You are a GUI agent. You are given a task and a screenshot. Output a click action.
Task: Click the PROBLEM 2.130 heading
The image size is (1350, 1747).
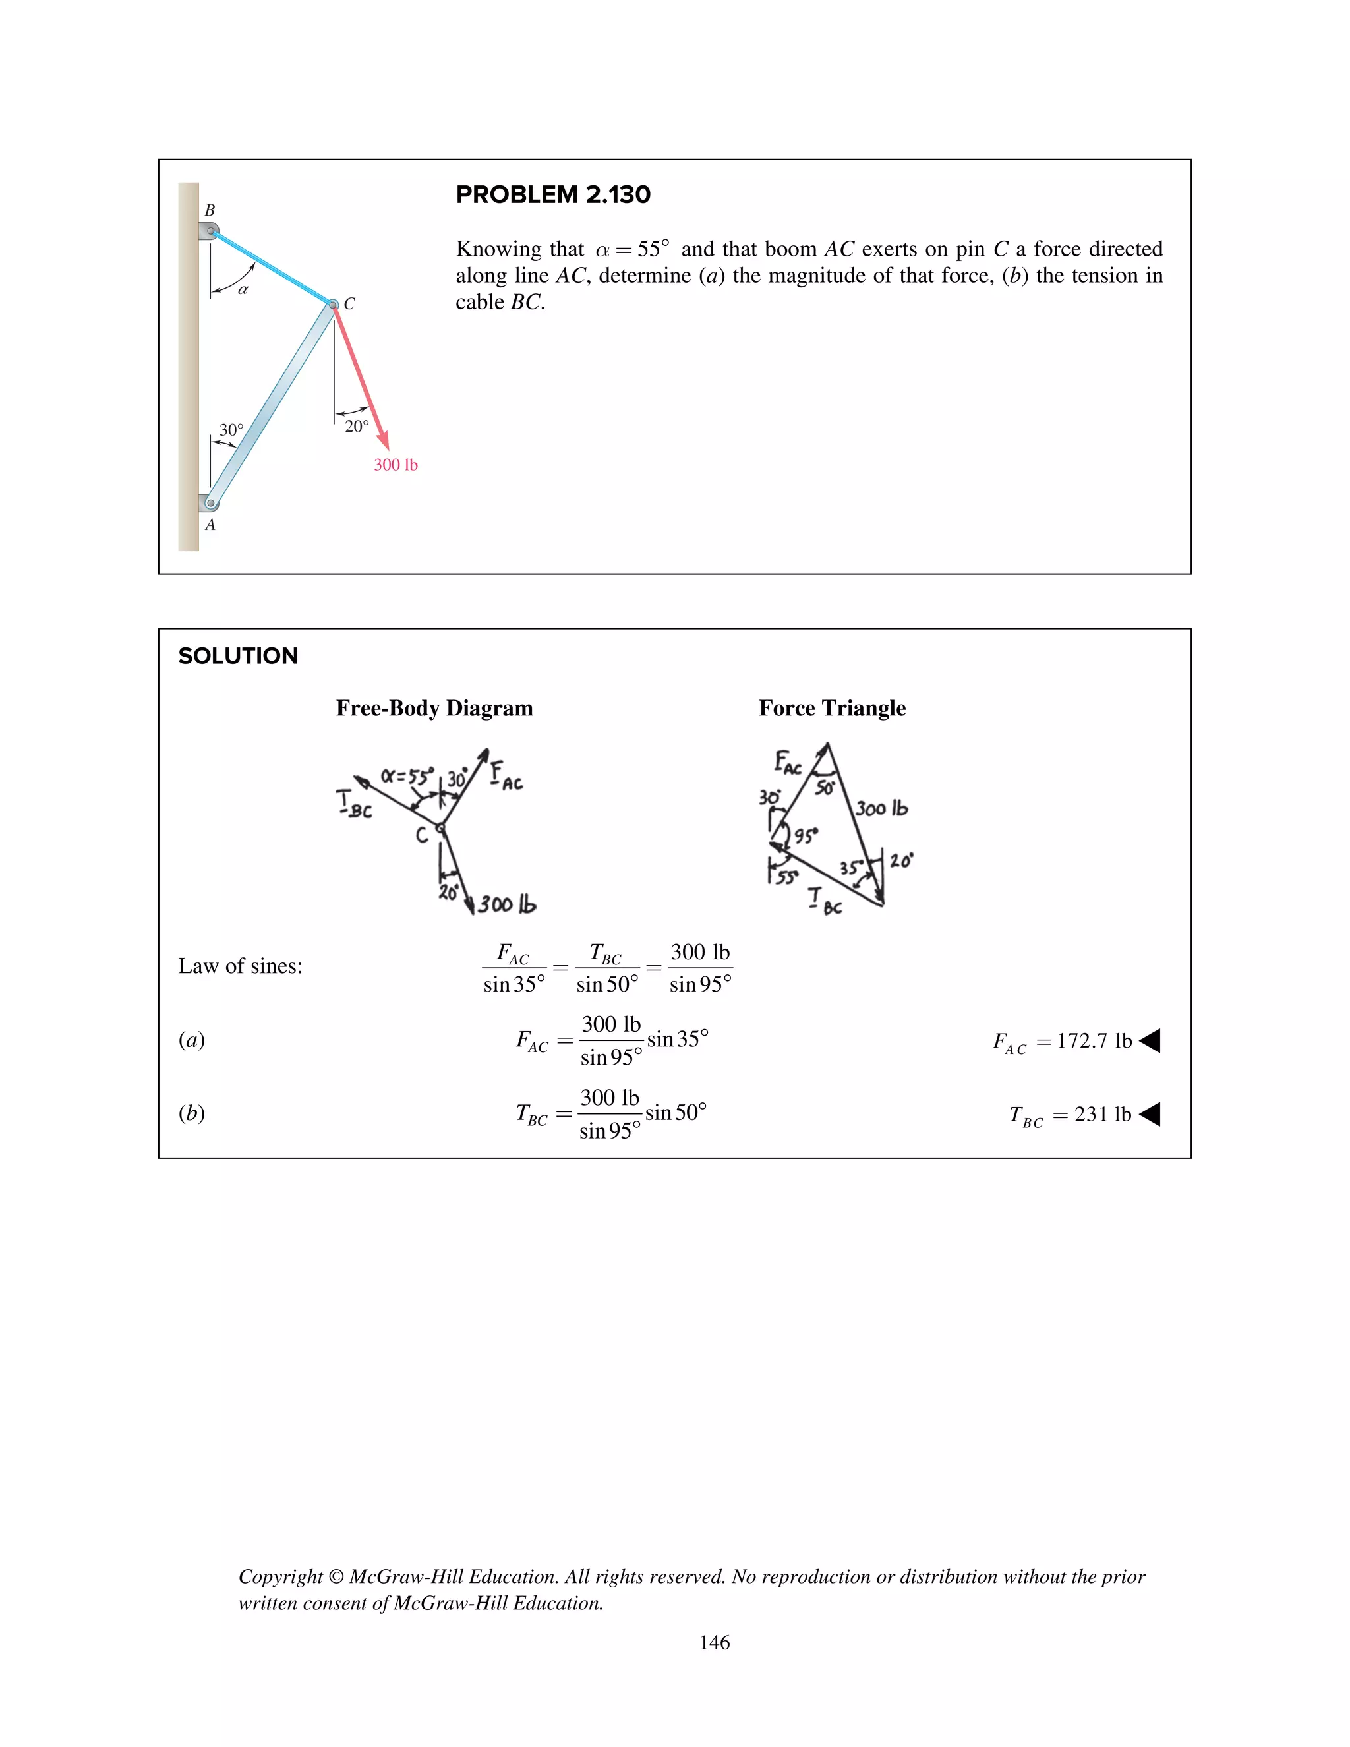coord(552,194)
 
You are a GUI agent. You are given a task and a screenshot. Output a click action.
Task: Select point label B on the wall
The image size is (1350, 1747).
coord(210,210)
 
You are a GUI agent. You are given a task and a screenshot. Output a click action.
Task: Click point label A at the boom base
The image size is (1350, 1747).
coord(210,525)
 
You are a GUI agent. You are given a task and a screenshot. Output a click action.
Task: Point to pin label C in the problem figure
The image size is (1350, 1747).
coord(349,304)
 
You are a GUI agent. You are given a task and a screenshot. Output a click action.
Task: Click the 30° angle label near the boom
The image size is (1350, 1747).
coord(231,430)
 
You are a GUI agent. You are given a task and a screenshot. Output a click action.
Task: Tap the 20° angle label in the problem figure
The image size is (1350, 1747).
coord(357,427)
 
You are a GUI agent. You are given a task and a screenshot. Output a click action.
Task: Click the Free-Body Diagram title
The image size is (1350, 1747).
coord(434,708)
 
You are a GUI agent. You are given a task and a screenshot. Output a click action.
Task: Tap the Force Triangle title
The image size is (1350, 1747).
coord(832,708)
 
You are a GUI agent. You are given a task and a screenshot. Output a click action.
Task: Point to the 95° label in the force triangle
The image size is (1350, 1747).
coord(806,836)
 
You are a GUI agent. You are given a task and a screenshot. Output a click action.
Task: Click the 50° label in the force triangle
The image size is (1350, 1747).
coord(825,788)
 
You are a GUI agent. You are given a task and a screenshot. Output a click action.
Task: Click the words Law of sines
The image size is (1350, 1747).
coord(240,966)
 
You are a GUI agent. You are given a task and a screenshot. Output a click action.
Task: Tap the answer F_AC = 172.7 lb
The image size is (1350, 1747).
coord(1061,1041)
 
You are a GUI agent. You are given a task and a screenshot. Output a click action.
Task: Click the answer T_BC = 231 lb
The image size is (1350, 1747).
coord(1069,1114)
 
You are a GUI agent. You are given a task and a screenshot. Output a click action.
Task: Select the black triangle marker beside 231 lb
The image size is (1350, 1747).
coord(1150,1114)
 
